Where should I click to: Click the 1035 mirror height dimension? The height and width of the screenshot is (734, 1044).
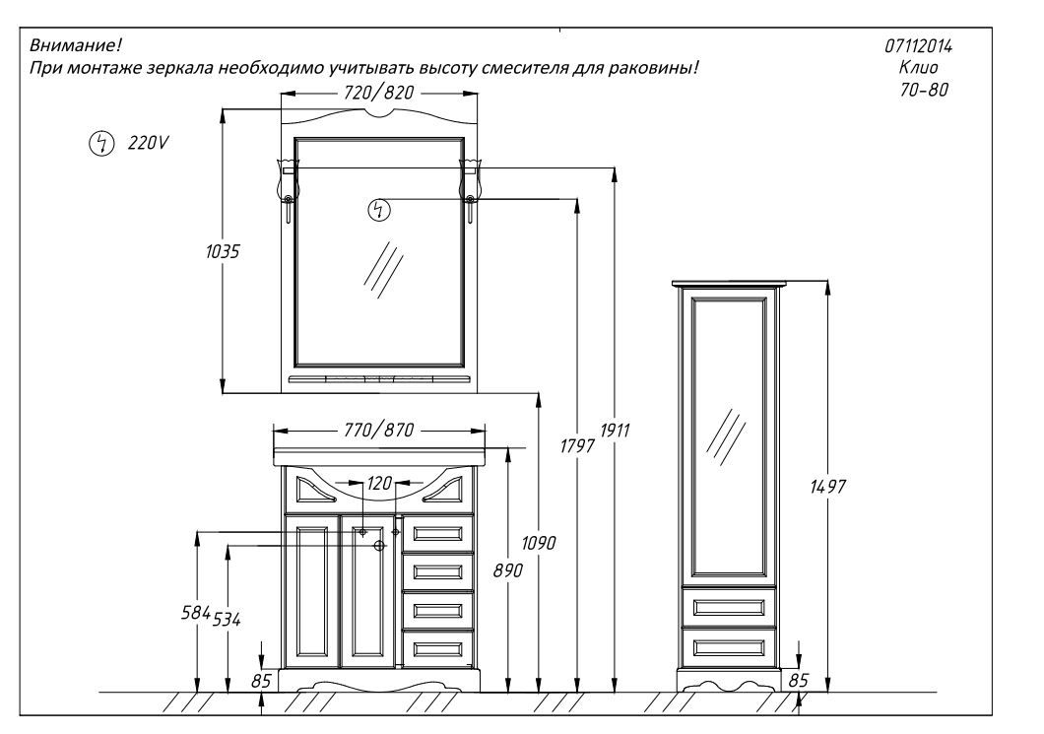(223, 252)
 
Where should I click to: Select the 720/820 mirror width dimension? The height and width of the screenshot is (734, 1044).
(379, 94)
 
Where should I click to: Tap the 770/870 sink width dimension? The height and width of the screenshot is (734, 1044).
(379, 431)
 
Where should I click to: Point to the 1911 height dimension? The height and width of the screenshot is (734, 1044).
(615, 431)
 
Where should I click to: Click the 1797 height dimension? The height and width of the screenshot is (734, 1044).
(576, 445)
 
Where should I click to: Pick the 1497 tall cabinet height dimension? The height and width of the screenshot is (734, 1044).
(827, 487)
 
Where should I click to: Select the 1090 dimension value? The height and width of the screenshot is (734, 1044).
(539, 544)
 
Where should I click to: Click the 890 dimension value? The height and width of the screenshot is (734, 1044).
(508, 570)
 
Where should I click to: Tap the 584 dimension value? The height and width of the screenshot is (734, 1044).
(196, 612)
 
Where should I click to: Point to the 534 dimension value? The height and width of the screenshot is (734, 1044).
(227, 620)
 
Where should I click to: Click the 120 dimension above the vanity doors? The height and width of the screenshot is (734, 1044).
(379, 483)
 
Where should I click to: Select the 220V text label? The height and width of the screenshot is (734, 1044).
(148, 143)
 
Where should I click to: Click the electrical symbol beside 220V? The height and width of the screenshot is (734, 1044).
(101, 143)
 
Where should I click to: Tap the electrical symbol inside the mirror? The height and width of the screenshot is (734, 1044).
(379, 210)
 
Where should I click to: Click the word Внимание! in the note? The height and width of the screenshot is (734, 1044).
(75, 45)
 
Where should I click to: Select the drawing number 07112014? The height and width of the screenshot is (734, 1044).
(918, 46)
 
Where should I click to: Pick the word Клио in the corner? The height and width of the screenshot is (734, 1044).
(919, 67)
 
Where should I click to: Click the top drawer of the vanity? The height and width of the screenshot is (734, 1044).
(437, 533)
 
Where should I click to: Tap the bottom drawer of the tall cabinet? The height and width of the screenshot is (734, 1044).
(729, 646)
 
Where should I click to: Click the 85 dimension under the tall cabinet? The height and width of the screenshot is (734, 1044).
(798, 680)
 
